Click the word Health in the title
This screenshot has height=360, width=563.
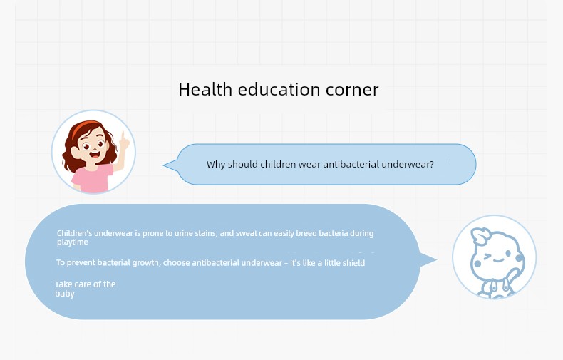click(205, 89)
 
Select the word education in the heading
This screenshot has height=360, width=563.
click(279, 89)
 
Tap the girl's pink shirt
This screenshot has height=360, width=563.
click(92, 178)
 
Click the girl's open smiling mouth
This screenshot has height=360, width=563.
click(95, 155)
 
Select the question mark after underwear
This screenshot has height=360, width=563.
click(432, 164)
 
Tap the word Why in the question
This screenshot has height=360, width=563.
click(216, 165)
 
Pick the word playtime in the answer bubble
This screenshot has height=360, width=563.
click(73, 242)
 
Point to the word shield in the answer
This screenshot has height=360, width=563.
click(353, 263)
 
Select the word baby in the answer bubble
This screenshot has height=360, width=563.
click(65, 294)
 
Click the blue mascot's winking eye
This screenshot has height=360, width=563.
click(487, 257)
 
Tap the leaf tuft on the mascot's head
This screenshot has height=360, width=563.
click(481, 236)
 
